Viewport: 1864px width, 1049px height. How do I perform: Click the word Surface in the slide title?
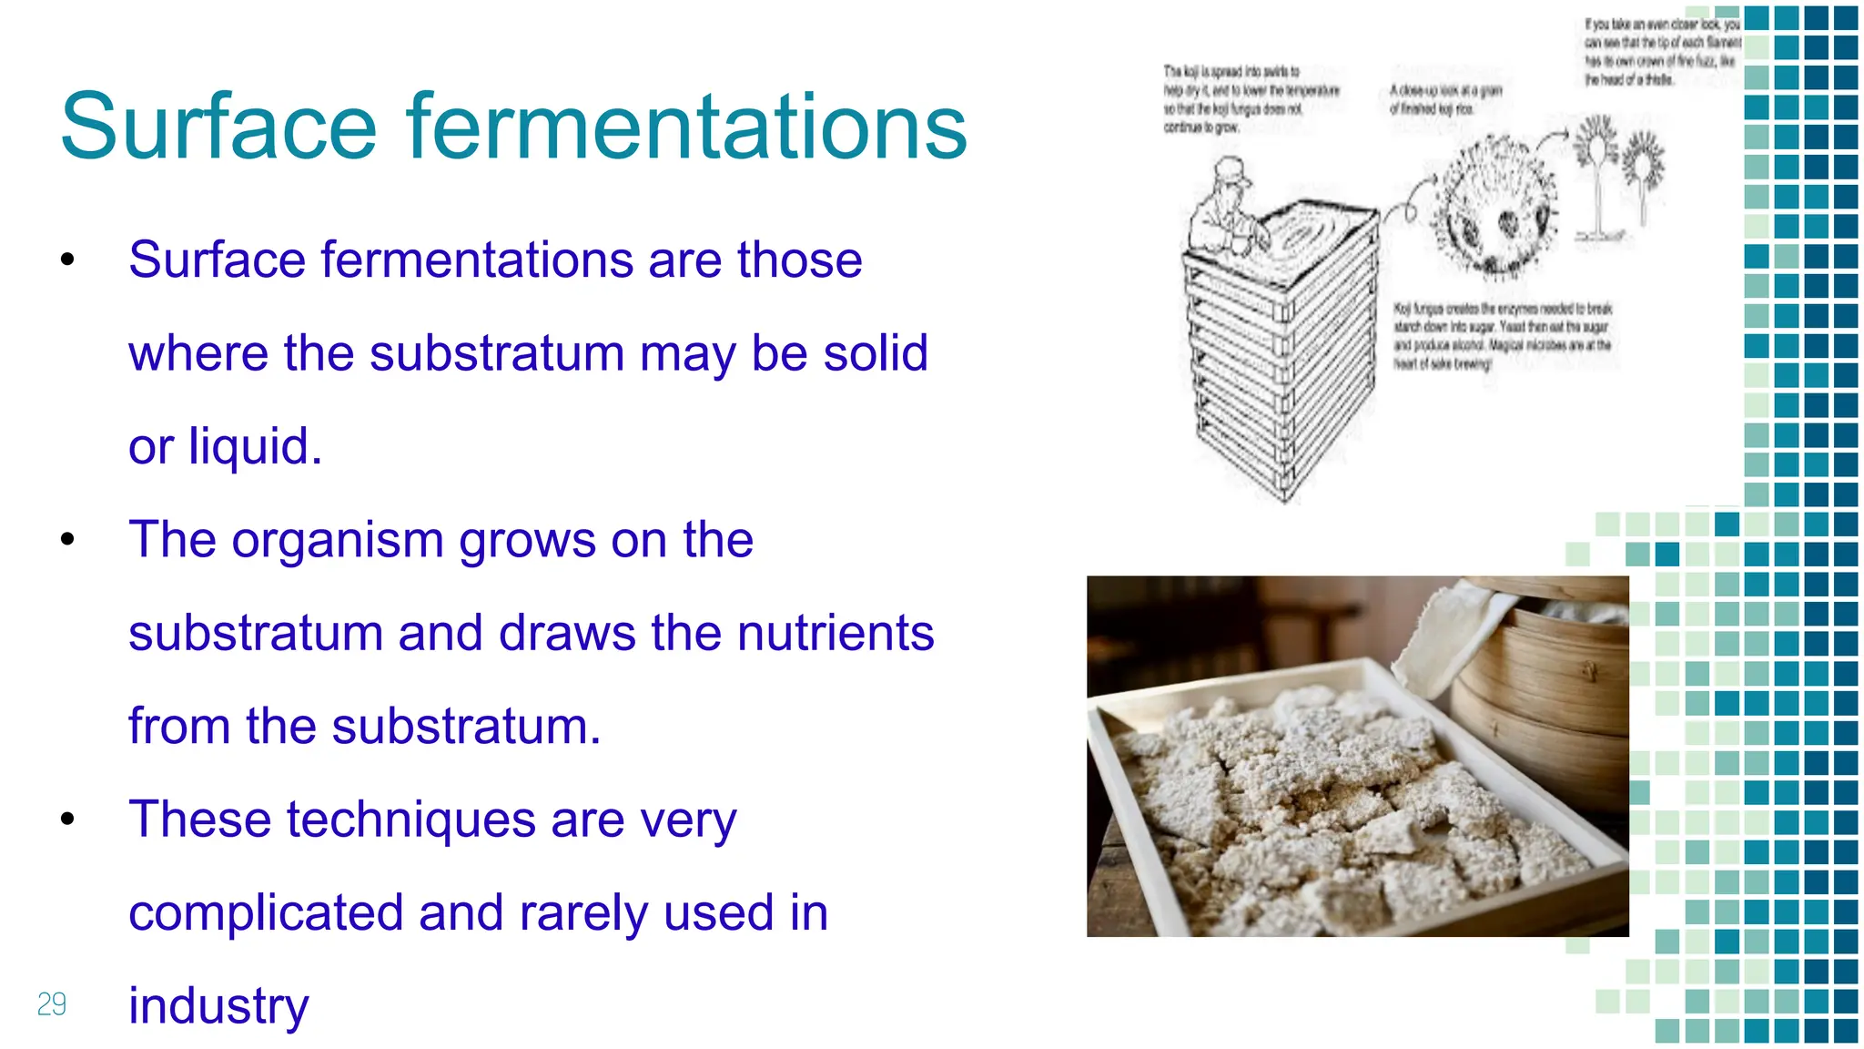[x=218, y=127]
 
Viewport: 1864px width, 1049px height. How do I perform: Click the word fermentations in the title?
[x=687, y=127]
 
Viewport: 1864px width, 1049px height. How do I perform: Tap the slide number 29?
[x=52, y=1004]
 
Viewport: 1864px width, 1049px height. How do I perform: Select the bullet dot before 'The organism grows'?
[x=67, y=540]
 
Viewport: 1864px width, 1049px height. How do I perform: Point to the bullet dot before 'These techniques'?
[x=67, y=820]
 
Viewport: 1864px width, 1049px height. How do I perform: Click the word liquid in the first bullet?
[x=255, y=446]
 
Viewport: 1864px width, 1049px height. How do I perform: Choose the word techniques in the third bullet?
[x=410, y=820]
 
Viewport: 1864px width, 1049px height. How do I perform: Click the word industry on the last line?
[x=218, y=1006]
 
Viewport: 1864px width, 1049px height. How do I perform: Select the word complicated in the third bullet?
[x=266, y=912]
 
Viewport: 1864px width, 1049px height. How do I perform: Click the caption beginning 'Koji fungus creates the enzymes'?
[x=1502, y=336]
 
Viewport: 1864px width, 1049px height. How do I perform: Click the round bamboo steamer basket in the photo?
[x=1547, y=692]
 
